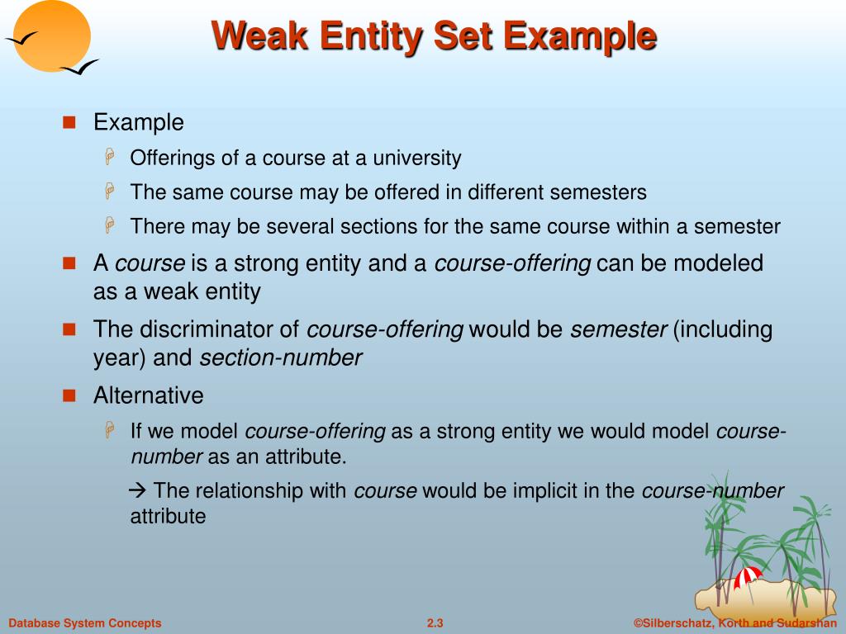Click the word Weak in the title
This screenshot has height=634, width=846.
pyautogui.click(x=260, y=35)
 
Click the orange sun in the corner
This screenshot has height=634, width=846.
pyautogui.click(x=52, y=35)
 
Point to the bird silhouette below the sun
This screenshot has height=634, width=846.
pyautogui.click(x=79, y=68)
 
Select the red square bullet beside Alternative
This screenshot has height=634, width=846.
pyautogui.click(x=69, y=396)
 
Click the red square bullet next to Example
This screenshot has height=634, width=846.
pyautogui.click(x=69, y=122)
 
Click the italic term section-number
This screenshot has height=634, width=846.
pyautogui.click(x=281, y=358)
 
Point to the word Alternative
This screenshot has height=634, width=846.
pyautogui.click(x=149, y=395)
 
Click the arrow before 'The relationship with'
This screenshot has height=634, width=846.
pyautogui.click(x=138, y=490)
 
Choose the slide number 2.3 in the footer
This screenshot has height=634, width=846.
pyautogui.click(x=435, y=623)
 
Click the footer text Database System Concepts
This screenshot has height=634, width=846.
pyautogui.click(x=85, y=623)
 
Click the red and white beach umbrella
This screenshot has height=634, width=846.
pyautogui.click(x=747, y=577)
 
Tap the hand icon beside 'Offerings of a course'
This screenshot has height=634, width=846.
pyautogui.click(x=110, y=157)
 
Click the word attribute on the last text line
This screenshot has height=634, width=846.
pyautogui.click(x=168, y=517)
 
